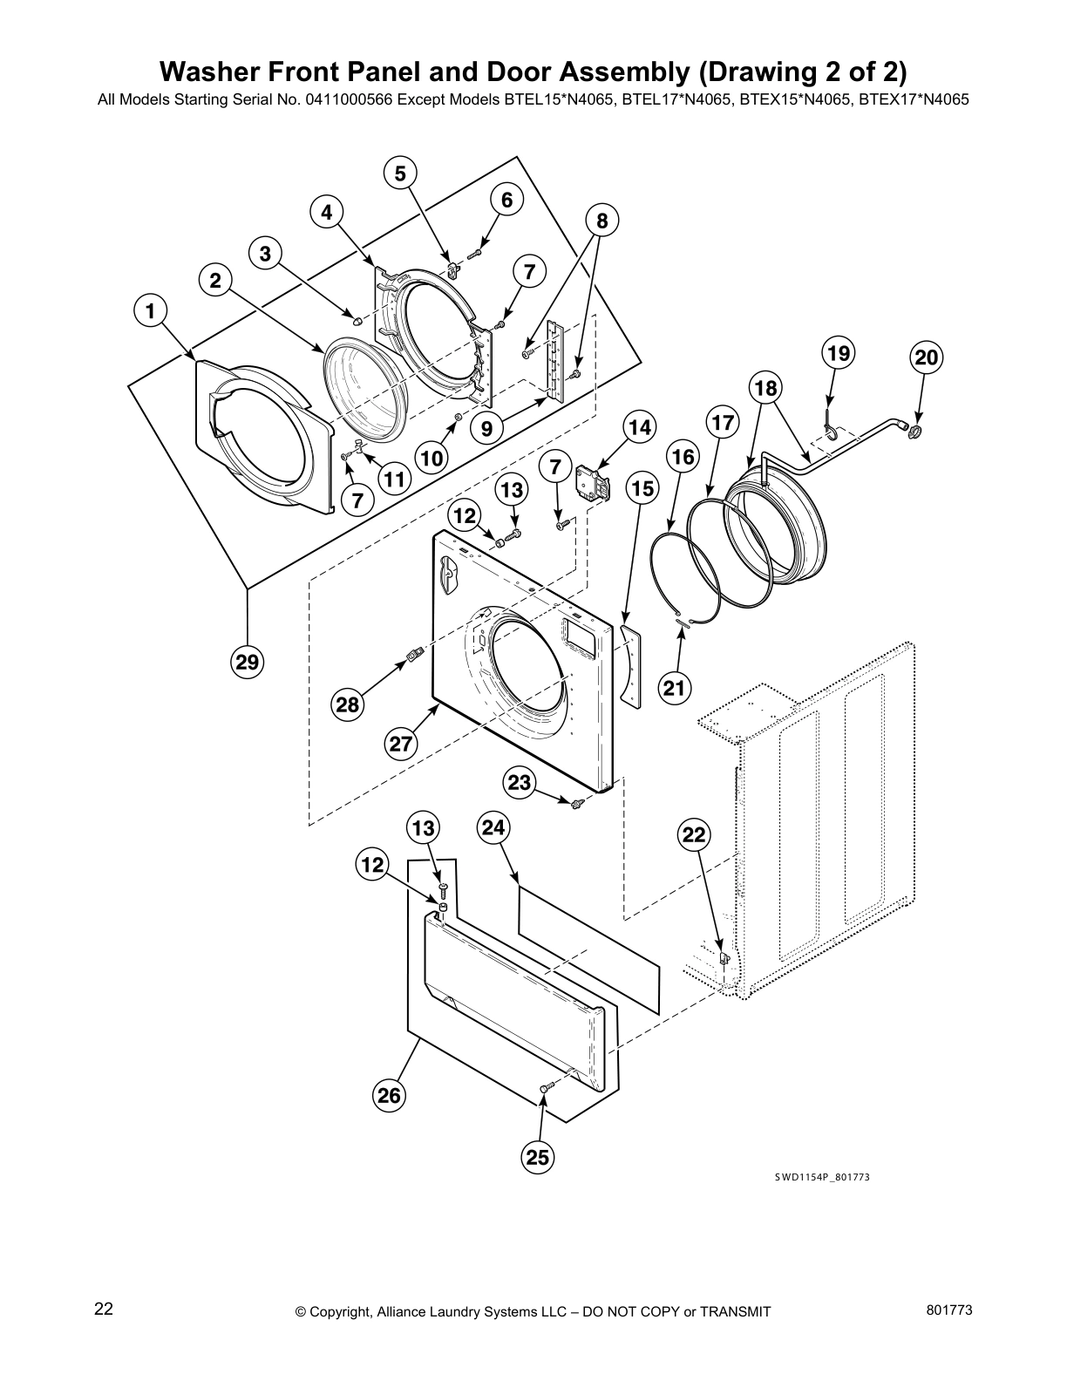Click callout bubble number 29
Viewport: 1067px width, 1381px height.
248,663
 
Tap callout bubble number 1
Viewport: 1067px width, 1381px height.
151,310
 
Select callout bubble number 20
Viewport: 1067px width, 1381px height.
926,357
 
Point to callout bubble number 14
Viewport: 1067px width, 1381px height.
639,427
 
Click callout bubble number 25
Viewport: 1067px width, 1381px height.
538,1157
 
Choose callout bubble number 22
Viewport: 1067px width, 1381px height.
694,835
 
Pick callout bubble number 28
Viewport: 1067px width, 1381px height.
348,704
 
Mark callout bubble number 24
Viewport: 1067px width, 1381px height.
493,827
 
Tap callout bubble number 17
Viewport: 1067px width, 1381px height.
723,424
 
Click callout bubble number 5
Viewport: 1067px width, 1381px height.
400,173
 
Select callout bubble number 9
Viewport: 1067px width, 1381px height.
486,428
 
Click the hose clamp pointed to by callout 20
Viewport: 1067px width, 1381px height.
914,430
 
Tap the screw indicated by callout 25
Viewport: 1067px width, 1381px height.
547,1087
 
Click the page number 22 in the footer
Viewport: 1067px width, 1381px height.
104,1309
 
